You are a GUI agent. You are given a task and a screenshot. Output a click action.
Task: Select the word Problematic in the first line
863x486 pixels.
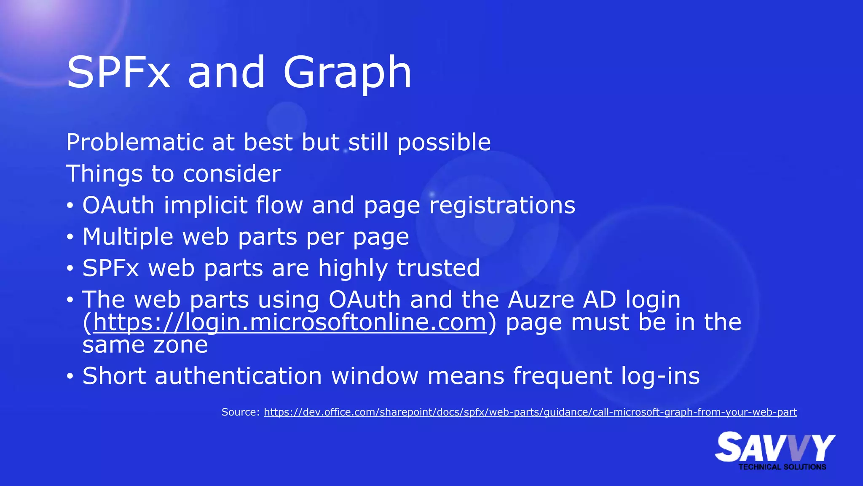pyautogui.click(x=134, y=143)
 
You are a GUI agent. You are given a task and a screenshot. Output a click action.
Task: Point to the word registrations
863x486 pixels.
pyautogui.click(x=502, y=206)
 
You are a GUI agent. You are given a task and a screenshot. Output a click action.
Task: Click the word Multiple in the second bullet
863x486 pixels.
pyautogui.click(x=128, y=237)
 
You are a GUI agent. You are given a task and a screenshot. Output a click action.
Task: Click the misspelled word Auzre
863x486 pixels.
pyautogui.click(x=541, y=300)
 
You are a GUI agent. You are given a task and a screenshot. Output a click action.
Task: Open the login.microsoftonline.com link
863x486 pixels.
pyautogui.click(x=290, y=323)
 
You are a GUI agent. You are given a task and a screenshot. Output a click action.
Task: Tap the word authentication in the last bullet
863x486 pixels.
pyautogui.click(x=238, y=376)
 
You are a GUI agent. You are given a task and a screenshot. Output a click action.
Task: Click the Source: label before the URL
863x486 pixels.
pyautogui.click(x=241, y=412)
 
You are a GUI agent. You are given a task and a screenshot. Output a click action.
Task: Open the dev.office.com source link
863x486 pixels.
pyautogui.click(x=530, y=412)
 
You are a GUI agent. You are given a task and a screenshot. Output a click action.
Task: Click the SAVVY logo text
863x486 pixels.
pyautogui.click(x=775, y=447)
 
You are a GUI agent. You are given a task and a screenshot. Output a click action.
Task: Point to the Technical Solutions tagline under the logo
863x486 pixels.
pyautogui.click(x=782, y=467)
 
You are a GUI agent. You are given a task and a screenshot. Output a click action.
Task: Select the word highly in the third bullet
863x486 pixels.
pyautogui.click(x=353, y=268)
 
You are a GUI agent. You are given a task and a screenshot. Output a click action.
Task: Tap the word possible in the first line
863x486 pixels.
pyautogui.click(x=444, y=143)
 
